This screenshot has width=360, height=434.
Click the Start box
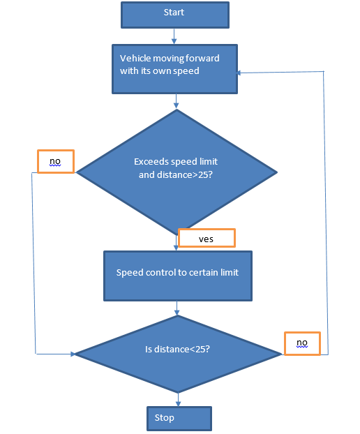[175, 15]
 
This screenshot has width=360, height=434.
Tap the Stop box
[179, 419]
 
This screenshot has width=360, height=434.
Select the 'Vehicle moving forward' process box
[174, 69]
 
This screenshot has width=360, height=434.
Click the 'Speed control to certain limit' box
[178, 276]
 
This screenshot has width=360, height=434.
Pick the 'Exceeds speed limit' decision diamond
[177, 172]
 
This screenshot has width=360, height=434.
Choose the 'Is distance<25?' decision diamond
[178, 354]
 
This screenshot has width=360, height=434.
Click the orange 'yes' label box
[207, 238]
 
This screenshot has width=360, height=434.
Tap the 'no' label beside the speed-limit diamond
[56, 162]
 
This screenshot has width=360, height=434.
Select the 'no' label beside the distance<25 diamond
[302, 343]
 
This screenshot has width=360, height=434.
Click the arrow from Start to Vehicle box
[174, 36]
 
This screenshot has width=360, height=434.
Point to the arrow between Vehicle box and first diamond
[176, 101]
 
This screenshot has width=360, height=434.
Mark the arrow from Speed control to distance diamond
[177, 308]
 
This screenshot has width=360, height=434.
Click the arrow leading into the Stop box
[178, 399]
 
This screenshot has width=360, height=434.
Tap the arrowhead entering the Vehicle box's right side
[239, 73]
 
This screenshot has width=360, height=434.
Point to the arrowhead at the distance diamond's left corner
[73, 354]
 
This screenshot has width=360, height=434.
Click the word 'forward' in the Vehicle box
[202, 59]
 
